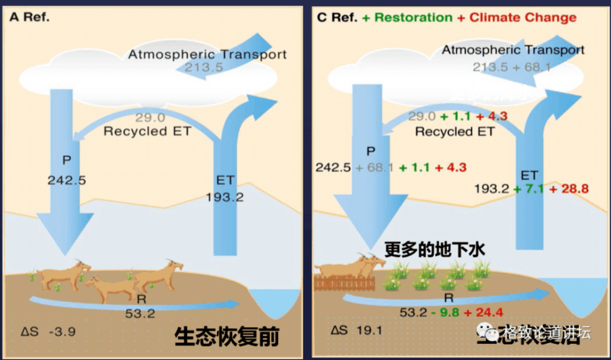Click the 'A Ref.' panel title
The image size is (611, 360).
29,17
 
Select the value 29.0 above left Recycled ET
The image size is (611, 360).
150,117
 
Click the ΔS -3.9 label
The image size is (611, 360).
50,332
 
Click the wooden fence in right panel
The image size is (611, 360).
343,284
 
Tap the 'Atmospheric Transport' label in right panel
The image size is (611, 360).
513,50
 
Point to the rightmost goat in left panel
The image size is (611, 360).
161,274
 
